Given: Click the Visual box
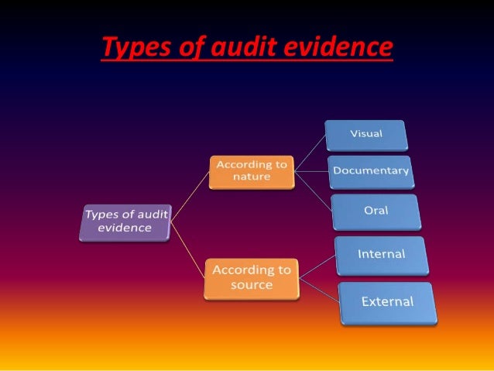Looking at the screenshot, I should [x=365, y=134].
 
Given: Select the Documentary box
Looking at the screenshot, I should [x=370, y=171].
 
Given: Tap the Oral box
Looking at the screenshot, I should [x=375, y=211].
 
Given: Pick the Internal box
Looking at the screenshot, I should [x=381, y=255].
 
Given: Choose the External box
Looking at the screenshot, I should [x=387, y=302].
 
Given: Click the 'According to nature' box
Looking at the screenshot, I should [x=252, y=172].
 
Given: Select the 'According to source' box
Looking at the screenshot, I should [x=252, y=278].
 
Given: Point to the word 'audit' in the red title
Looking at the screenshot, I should [x=236, y=48].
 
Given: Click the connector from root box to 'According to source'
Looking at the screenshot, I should [x=188, y=249].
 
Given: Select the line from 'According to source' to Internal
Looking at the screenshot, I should [x=317, y=266].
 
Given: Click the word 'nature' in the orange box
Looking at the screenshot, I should [x=252, y=178].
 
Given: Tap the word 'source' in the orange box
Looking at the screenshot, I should [x=252, y=285].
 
